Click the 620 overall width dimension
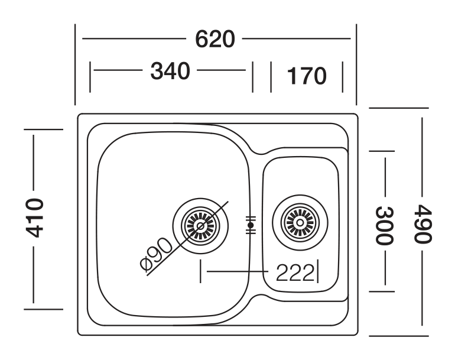click(214, 39)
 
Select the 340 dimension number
click(170, 71)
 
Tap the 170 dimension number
click(307, 76)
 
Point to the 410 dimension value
click(34, 218)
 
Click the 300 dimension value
click(385, 225)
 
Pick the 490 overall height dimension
click(422, 223)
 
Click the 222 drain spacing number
click(295, 273)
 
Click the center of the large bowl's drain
click(200, 226)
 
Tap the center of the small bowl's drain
click(300, 223)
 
